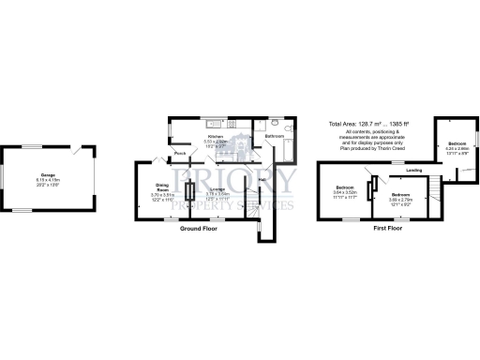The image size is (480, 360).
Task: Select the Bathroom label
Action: tap(275, 137)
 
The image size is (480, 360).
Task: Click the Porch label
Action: tap(178, 155)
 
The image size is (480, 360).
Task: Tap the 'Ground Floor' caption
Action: tap(201, 227)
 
